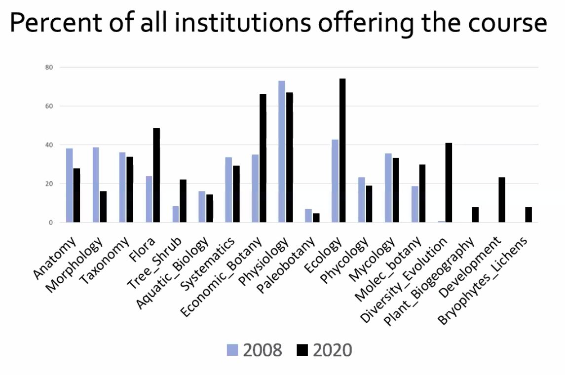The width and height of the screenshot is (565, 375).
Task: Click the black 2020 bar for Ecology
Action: point(342,150)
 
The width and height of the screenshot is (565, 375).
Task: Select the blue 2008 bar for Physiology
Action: point(282,151)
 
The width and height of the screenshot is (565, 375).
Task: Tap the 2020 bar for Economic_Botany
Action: point(263,158)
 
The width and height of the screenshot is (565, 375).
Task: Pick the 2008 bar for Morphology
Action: point(96,185)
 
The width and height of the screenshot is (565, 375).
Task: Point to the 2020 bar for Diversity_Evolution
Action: point(449,183)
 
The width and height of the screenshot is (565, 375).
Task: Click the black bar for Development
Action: point(502,200)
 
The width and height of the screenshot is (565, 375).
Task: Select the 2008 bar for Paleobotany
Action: point(308,216)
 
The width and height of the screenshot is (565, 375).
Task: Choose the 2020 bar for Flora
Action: point(156,175)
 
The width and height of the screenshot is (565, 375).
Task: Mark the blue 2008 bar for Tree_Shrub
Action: point(175,214)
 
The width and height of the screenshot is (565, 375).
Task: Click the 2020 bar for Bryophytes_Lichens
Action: point(528,215)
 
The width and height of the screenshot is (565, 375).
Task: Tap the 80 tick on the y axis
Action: point(49,67)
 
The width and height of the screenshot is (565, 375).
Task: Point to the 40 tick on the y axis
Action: point(49,145)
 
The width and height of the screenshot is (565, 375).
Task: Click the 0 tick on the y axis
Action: point(51,223)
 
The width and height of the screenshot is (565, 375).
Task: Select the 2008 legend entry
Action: point(255,350)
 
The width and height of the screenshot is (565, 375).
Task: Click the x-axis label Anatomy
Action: point(55,258)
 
